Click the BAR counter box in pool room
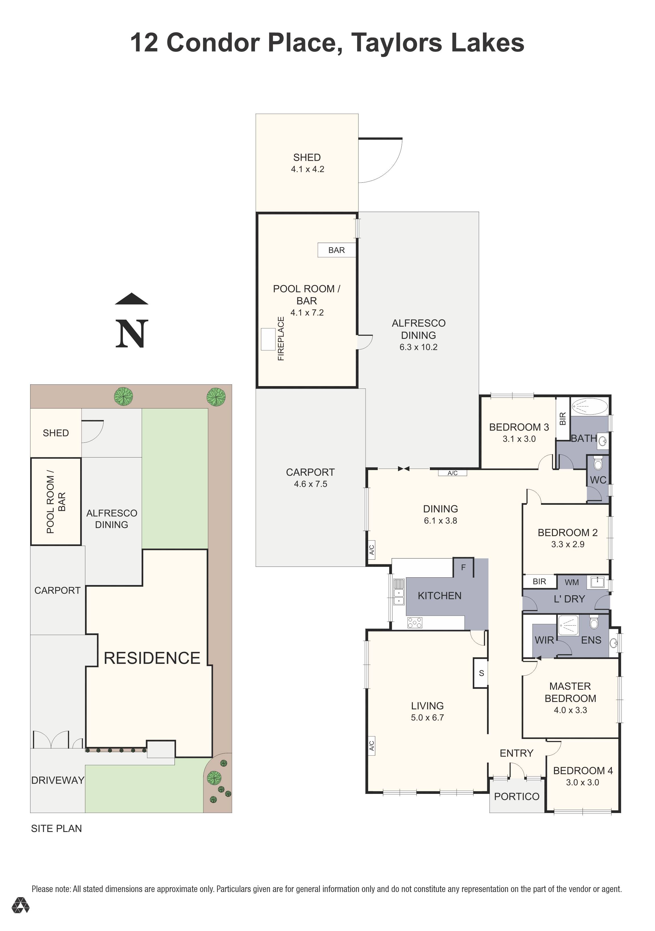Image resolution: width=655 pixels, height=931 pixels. (336, 250)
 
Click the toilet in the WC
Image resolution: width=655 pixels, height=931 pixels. (598, 463)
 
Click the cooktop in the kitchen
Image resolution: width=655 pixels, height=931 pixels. (415, 623)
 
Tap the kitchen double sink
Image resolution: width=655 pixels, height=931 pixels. (399, 592)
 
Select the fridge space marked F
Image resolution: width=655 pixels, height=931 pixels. (463, 567)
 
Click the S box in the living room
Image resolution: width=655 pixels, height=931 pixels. (481, 673)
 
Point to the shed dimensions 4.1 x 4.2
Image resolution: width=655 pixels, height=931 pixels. (307, 170)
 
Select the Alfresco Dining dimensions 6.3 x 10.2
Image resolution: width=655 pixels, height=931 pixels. (418, 347)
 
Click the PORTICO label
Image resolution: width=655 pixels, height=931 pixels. (517, 796)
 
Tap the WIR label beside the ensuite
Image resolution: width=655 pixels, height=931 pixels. (544, 640)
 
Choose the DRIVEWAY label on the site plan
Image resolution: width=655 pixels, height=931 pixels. (57, 780)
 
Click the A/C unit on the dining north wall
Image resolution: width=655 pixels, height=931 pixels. (453, 473)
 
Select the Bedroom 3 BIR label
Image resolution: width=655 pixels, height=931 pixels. (562, 419)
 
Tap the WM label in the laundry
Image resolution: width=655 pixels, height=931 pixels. (571, 582)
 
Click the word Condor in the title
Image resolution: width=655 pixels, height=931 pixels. (213, 43)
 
